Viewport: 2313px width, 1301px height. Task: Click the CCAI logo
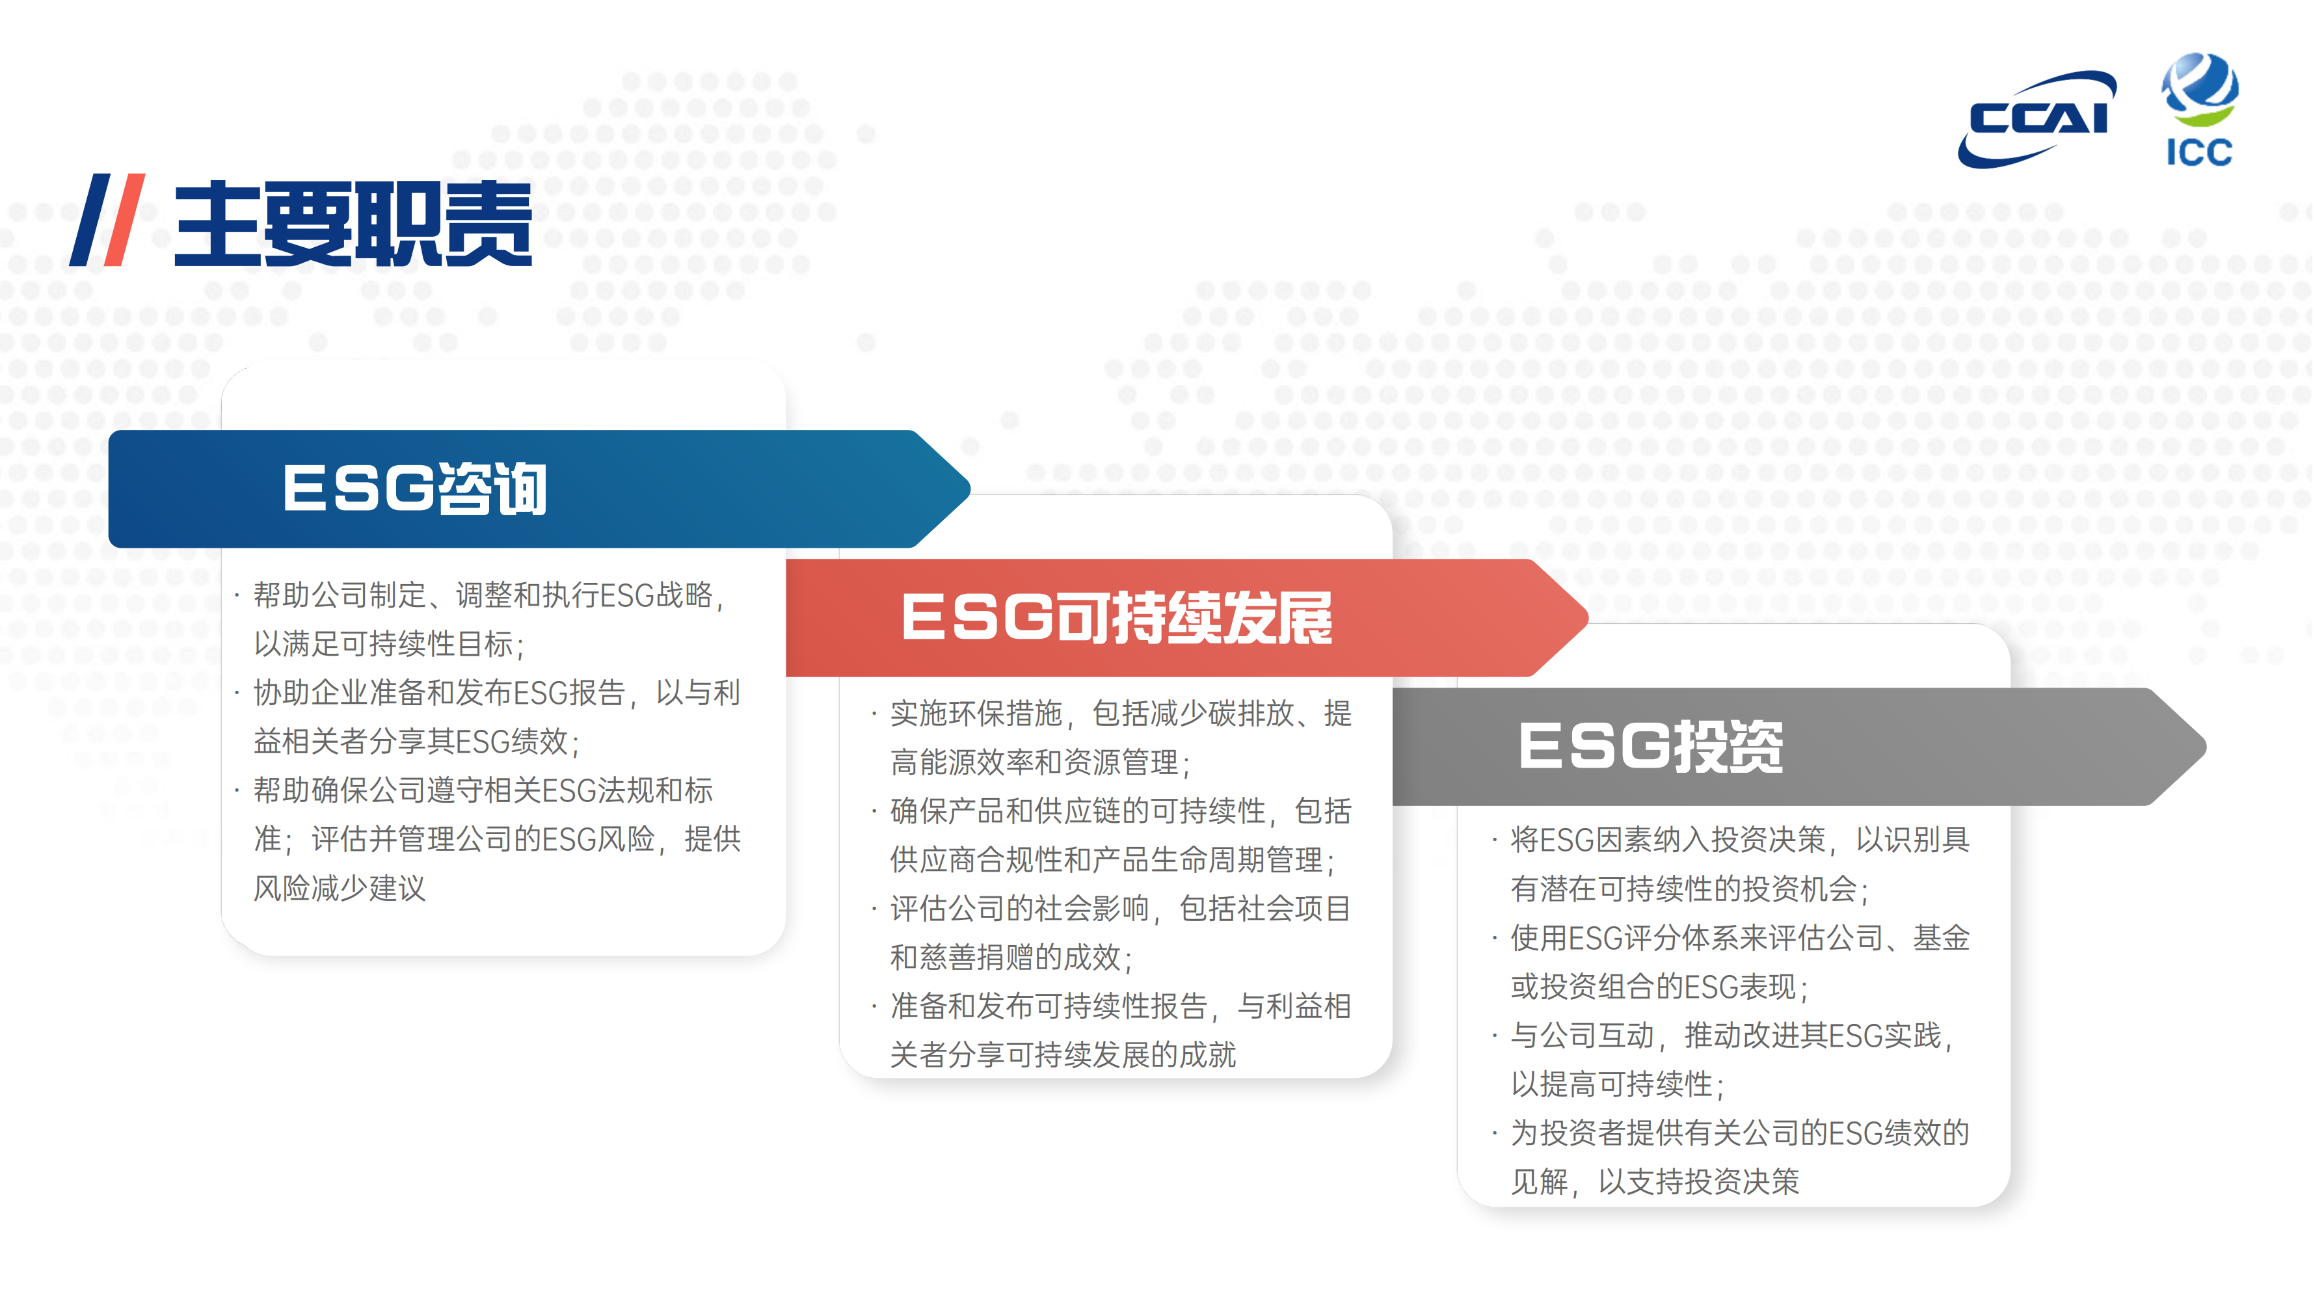(x=2037, y=118)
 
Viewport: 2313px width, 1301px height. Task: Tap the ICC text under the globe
(x=2200, y=153)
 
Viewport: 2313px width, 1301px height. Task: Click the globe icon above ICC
(x=2200, y=88)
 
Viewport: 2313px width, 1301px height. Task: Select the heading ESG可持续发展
(x=1117, y=618)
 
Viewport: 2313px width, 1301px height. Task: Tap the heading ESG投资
(x=1650, y=746)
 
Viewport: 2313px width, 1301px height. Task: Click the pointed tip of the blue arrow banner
(x=970, y=489)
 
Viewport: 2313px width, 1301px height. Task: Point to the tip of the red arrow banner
(x=1588, y=618)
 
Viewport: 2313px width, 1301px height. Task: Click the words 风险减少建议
(x=340, y=888)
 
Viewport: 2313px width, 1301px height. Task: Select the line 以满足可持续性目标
(x=389, y=644)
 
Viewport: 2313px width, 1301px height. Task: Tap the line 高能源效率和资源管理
(x=1040, y=762)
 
